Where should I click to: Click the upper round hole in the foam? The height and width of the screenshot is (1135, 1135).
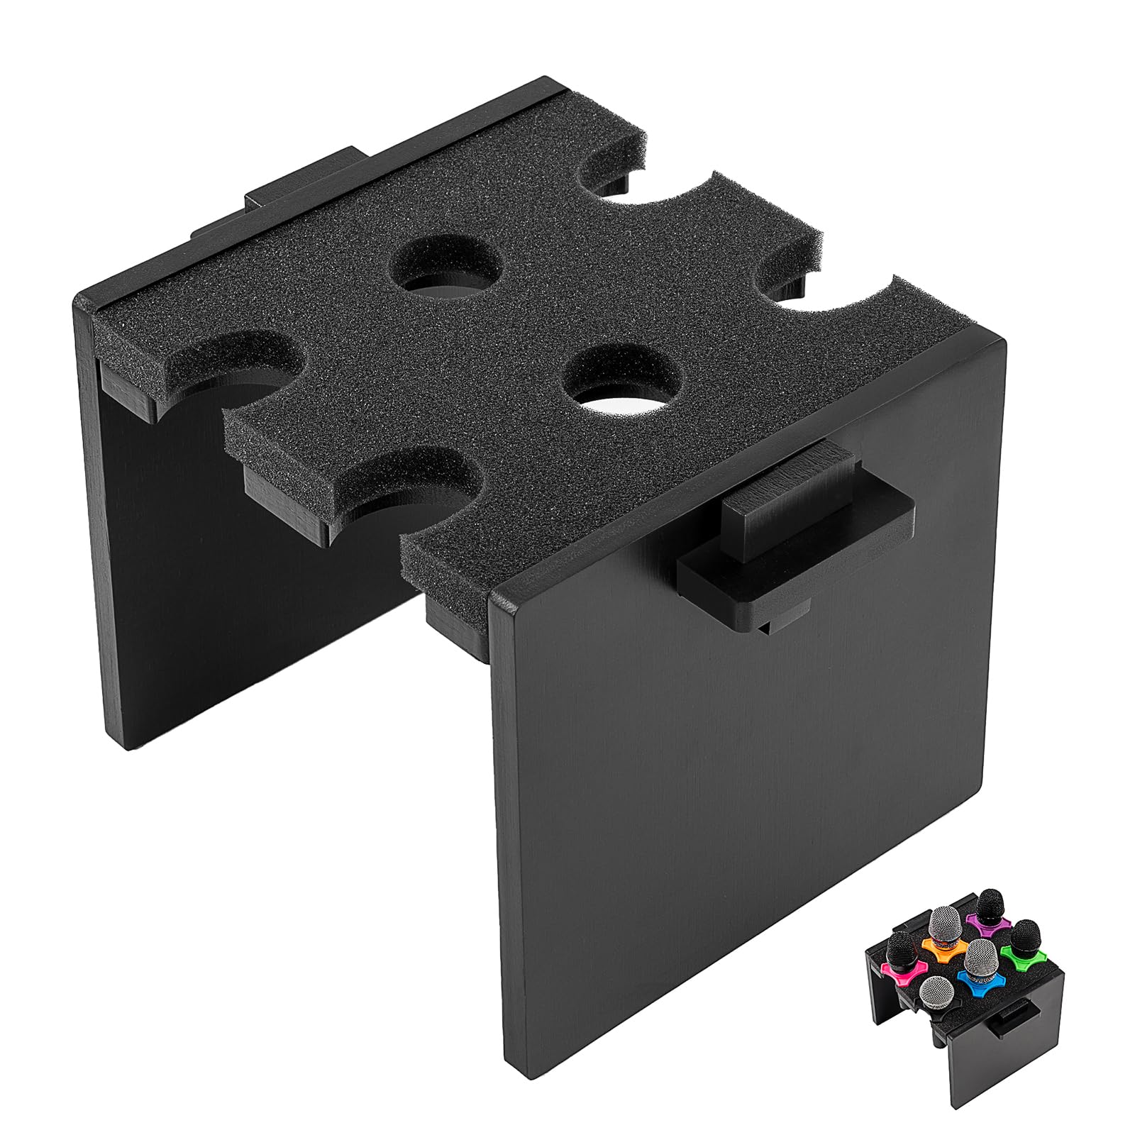click(447, 271)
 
